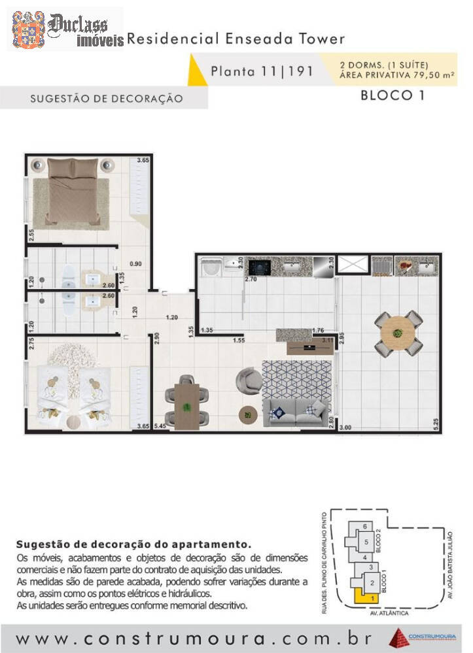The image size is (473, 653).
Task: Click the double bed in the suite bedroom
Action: [75, 190]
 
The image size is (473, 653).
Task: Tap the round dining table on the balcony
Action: [398, 334]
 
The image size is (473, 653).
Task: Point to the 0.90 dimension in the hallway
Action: [135, 264]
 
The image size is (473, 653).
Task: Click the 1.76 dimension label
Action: [319, 330]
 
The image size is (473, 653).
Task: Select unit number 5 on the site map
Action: [367, 542]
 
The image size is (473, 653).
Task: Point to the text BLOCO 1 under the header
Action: [393, 95]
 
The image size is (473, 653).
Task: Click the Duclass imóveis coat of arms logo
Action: [27, 29]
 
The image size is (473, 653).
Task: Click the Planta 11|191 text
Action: [262, 71]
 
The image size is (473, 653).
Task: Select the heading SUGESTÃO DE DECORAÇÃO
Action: [106, 99]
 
